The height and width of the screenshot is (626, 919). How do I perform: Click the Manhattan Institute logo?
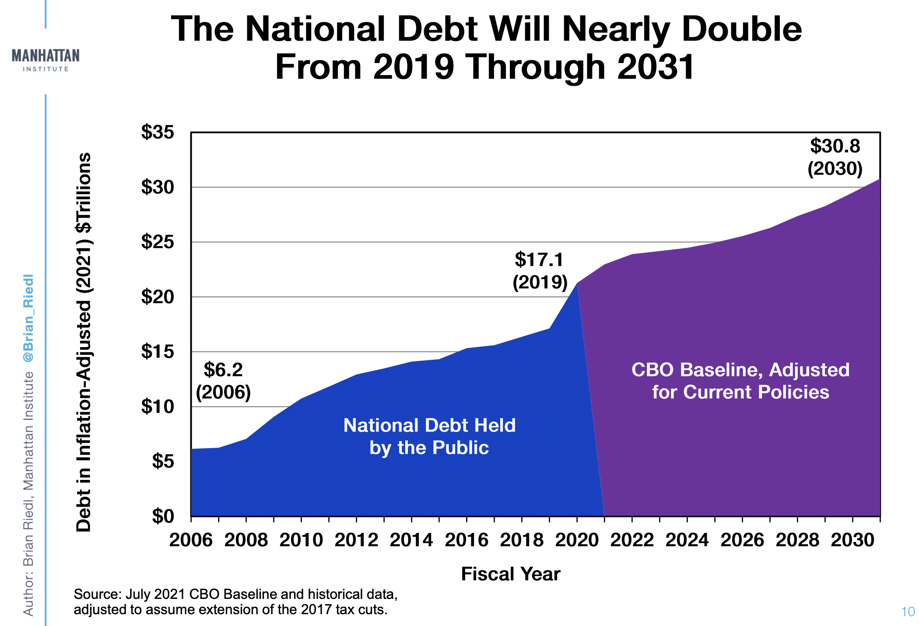[x=46, y=60]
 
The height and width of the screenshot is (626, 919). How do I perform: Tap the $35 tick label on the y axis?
[x=158, y=132]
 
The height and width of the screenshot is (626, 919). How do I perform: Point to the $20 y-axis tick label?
[x=158, y=297]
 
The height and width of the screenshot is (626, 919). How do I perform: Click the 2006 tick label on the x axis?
[x=191, y=540]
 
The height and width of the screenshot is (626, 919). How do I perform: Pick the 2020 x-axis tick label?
[x=577, y=540]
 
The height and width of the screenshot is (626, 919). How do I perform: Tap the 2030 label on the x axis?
[x=852, y=540]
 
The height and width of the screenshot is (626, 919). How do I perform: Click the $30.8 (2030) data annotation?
[x=835, y=157]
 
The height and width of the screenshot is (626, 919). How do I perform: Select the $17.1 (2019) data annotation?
[x=540, y=271]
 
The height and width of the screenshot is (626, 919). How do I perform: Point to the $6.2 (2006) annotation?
[x=223, y=381]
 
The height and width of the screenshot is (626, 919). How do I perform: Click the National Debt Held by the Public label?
[x=429, y=436]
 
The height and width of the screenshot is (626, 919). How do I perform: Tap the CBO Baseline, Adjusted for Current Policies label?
[x=740, y=381]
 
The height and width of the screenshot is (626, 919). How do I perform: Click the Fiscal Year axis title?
[x=511, y=574]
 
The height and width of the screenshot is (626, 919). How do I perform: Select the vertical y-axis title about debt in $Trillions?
[x=84, y=342]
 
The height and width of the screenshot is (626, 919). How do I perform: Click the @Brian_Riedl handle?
[x=28, y=318]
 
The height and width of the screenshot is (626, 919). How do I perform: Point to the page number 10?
[x=908, y=612]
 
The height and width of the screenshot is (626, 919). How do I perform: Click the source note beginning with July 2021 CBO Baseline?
[x=235, y=602]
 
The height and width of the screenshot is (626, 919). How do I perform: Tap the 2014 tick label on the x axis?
[x=411, y=540]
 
